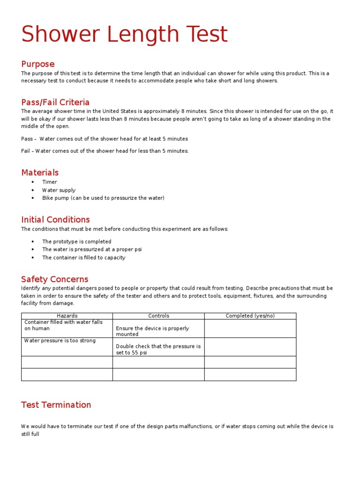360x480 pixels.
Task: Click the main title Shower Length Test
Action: (125, 35)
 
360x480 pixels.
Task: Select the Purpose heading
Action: (38, 64)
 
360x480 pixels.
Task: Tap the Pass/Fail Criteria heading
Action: (55, 102)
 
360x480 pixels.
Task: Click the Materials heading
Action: (40, 172)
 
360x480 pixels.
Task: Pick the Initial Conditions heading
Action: (55, 219)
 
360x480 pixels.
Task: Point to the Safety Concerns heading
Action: (55, 279)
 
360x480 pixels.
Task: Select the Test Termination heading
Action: (56, 405)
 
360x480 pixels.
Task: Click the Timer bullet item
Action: (50, 182)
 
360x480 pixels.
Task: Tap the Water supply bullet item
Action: (59, 190)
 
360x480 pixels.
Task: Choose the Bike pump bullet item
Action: (103, 198)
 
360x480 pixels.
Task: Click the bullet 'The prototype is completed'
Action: (77, 241)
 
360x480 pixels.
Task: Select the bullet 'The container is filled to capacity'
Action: (84, 257)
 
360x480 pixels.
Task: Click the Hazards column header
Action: (67, 316)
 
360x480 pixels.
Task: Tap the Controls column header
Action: (158, 316)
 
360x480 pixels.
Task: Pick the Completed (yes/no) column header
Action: (250, 316)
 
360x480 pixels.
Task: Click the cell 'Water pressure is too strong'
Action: (60, 340)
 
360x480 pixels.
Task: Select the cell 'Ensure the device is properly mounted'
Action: (152, 331)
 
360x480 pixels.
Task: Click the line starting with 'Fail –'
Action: (105, 151)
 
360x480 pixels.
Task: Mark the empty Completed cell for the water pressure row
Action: (250, 347)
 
